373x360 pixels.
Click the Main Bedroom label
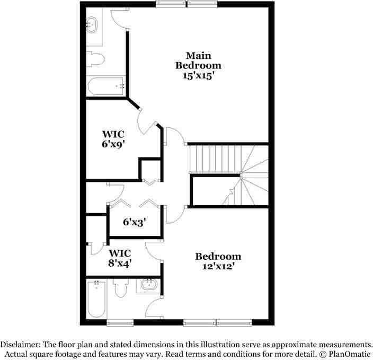tap(198, 60)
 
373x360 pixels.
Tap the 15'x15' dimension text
tap(198, 75)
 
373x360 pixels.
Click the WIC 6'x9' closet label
tap(113, 138)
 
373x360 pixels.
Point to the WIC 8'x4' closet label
tap(120, 257)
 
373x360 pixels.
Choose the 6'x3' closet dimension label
tap(134, 222)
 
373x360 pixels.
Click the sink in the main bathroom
tap(92, 24)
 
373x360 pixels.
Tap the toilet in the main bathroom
tap(95, 58)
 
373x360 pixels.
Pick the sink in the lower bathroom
tap(149, 285)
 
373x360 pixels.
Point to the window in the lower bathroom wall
tap(120, 322)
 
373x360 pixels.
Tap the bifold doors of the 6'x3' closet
tap(135, 204)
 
